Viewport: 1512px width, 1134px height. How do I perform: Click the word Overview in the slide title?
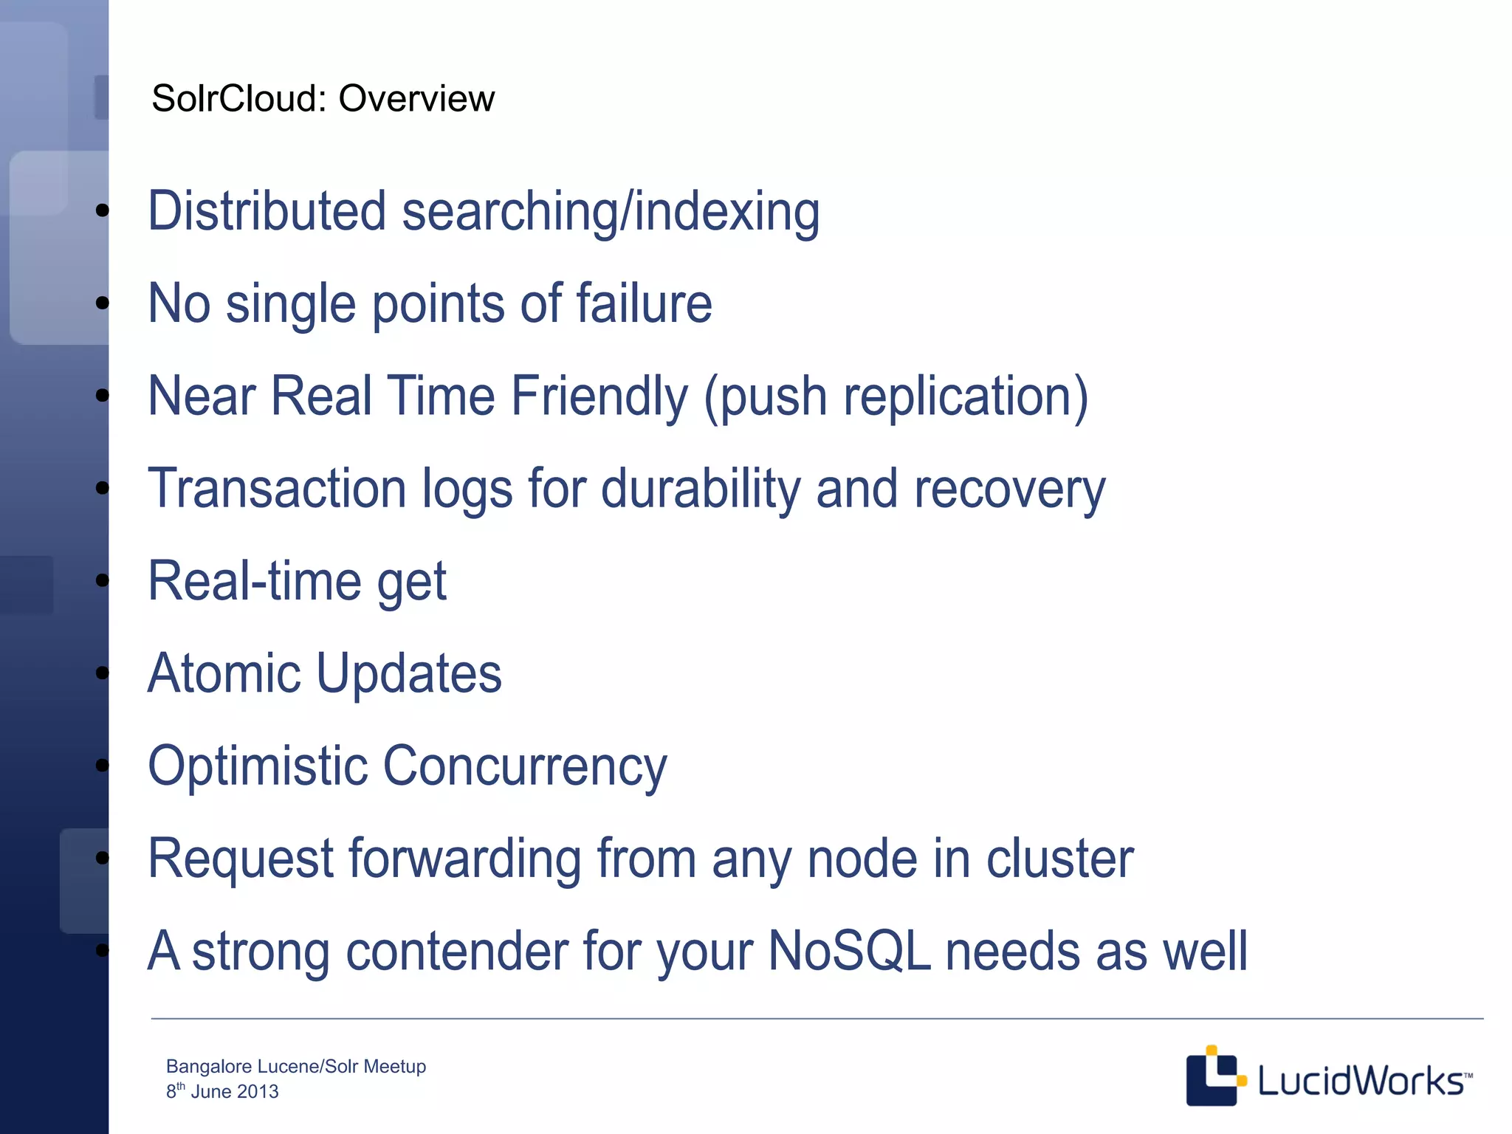point(416,98)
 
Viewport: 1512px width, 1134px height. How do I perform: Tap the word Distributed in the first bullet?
point(267,211)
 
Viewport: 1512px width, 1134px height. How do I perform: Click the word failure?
point(644,303)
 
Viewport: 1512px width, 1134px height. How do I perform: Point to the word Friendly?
point(599,396)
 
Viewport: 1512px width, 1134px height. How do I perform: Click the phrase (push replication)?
point(896,396)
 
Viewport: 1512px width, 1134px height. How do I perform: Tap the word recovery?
point(1009,489)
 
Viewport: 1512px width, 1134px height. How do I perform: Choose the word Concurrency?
point(525,766)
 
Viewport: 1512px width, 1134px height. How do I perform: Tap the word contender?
point(456,951)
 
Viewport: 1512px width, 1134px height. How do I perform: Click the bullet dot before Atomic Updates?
point(103,673)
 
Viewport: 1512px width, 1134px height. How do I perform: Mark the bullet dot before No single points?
point(103,303)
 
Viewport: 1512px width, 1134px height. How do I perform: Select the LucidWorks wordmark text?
point(1360,1081)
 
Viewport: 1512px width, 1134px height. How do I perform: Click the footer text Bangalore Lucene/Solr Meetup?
point(296,1066)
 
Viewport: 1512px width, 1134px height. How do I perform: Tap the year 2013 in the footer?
point(258,1091)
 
